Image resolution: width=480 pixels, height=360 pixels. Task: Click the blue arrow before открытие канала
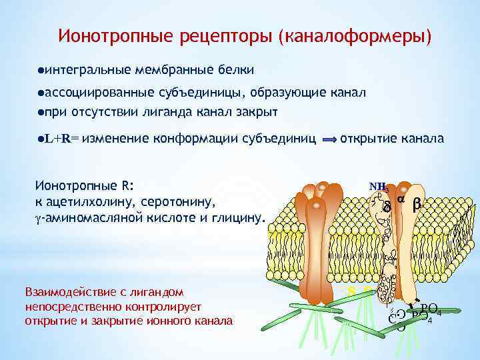[329, 140]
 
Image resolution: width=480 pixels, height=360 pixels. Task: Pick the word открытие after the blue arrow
[370, 139]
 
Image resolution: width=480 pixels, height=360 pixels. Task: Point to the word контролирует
[168, 306]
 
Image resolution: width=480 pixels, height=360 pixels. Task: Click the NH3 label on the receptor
[379, 187]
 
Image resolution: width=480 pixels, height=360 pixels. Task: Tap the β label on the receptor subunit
[417, 205]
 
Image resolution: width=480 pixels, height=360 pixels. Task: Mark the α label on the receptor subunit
[401, 200]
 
